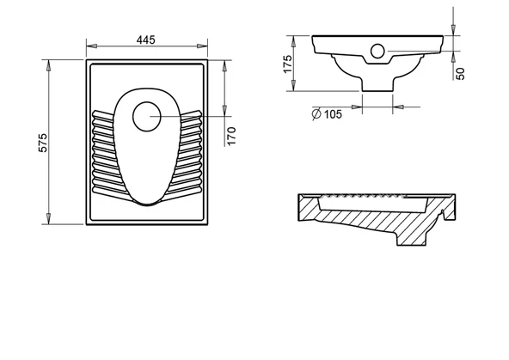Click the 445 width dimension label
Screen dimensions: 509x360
[146, 40]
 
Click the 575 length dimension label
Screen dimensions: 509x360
[43, 143]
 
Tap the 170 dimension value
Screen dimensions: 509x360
[231, 136]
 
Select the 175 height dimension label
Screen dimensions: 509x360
[288, 64]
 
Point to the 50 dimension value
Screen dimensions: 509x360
[460, 74]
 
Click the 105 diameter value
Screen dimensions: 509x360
[333, 114]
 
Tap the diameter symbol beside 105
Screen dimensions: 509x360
[316, 113]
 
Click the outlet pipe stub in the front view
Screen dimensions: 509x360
[377, 85]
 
